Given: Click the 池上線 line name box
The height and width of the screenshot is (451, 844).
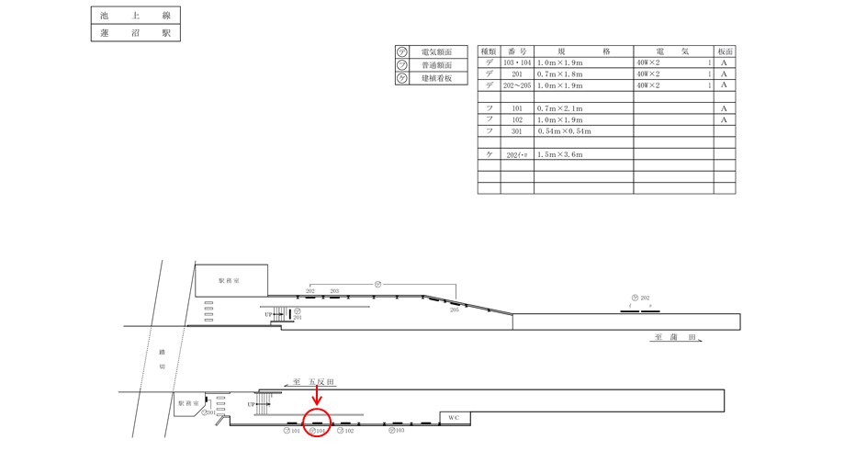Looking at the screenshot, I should [x=135, y=16].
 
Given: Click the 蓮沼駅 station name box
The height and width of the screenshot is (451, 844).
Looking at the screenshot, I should [x=135, y=33].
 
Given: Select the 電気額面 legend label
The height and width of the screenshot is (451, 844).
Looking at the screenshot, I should [x=436, y=53].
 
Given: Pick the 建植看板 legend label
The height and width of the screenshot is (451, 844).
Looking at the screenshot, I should [x=436, y=79].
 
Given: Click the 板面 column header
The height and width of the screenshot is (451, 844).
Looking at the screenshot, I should [x=725, y=52].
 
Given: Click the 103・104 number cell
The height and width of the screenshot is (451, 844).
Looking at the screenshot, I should [x=517, y=62].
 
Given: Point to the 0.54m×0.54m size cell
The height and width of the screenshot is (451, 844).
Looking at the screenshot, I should [x=564, y=131].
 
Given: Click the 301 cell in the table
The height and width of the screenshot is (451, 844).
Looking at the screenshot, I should [x=517, y=131].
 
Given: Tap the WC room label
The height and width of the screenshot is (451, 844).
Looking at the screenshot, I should [x=454, y=418].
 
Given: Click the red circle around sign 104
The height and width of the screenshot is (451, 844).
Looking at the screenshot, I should [x=316, y=423].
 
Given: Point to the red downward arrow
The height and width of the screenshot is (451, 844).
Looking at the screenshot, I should [x=317, y=395].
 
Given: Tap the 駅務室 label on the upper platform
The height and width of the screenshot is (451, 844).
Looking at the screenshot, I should [x=230, y=280].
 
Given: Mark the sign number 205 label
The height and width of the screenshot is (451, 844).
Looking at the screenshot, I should [x=454, y=310].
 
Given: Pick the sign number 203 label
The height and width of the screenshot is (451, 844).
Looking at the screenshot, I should [x=334, y=291].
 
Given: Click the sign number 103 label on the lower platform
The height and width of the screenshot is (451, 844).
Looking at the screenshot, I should [x=399, y=430].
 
